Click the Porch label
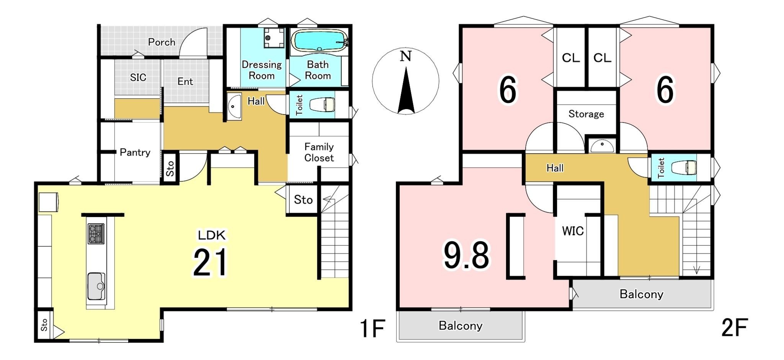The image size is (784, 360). coord(162,42)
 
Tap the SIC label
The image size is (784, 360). coord(138,77)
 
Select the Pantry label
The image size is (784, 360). coord(135,152)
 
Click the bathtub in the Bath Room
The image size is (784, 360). coord(320,41)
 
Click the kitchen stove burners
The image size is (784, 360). coord(96,234)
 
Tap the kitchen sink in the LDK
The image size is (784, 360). coord(96,286)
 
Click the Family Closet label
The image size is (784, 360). coord(319,152)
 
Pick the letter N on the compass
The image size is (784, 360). coord(405,56)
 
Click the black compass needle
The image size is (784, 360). coord(406,90)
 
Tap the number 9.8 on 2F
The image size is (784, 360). coord(466,255)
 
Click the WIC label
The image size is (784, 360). coord(573,231)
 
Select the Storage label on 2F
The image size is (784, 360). coord(586,114)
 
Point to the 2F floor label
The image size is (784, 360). coord(735,328)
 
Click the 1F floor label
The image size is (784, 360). coord(372,328)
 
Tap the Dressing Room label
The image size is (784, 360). coord(261,70)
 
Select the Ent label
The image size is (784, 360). coord(185,82)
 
